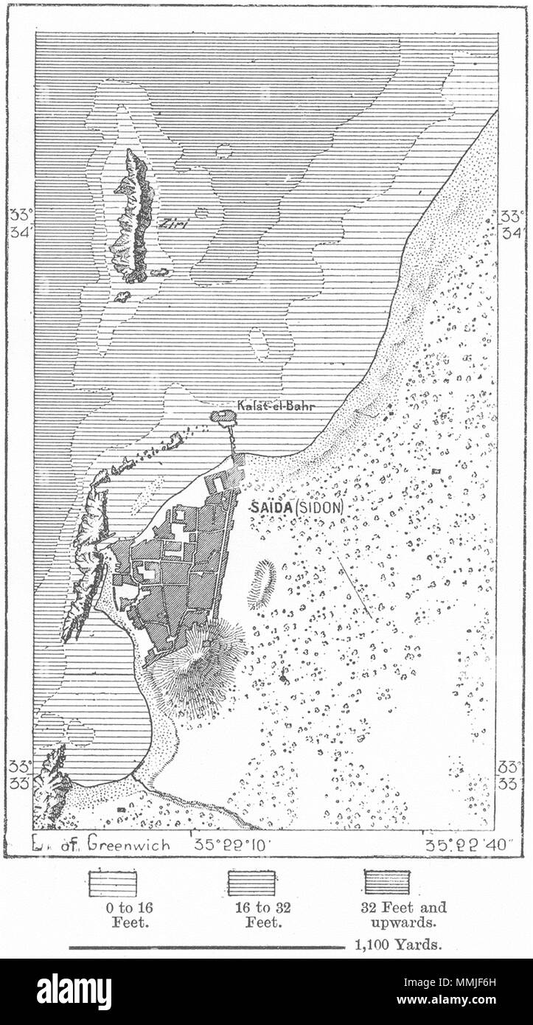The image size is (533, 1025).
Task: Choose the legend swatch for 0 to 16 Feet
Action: tap(113, 883)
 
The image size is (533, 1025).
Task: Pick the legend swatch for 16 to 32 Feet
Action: tap(251, 883)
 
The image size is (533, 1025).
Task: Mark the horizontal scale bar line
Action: tap(206, 947)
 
